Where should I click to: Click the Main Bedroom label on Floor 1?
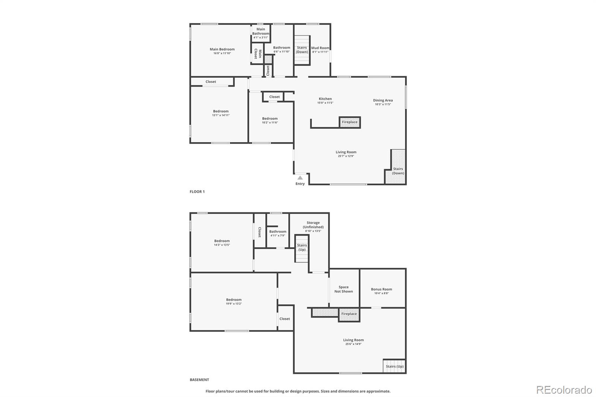(222, 49)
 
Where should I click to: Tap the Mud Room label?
(320, 48)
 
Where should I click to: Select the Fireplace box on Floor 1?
(350, 122)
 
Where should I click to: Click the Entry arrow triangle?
(300, 178)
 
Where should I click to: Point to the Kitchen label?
(325, 99)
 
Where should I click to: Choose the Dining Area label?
(383, 100)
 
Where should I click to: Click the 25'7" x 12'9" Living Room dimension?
(346, 156)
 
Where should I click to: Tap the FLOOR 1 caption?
(197, 192)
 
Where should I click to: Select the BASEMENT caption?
(199, 380)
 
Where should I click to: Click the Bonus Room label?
(381, 289)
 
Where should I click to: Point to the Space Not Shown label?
(343, 289)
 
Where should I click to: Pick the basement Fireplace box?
(349, 314)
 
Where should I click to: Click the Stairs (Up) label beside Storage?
(302, 247)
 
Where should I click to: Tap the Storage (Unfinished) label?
(313, 225)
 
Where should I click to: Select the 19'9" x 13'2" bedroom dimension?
(234, 304)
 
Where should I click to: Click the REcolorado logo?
(564, 390)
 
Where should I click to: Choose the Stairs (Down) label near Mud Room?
(302, 50)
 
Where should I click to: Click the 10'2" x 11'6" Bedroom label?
(270, 118)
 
